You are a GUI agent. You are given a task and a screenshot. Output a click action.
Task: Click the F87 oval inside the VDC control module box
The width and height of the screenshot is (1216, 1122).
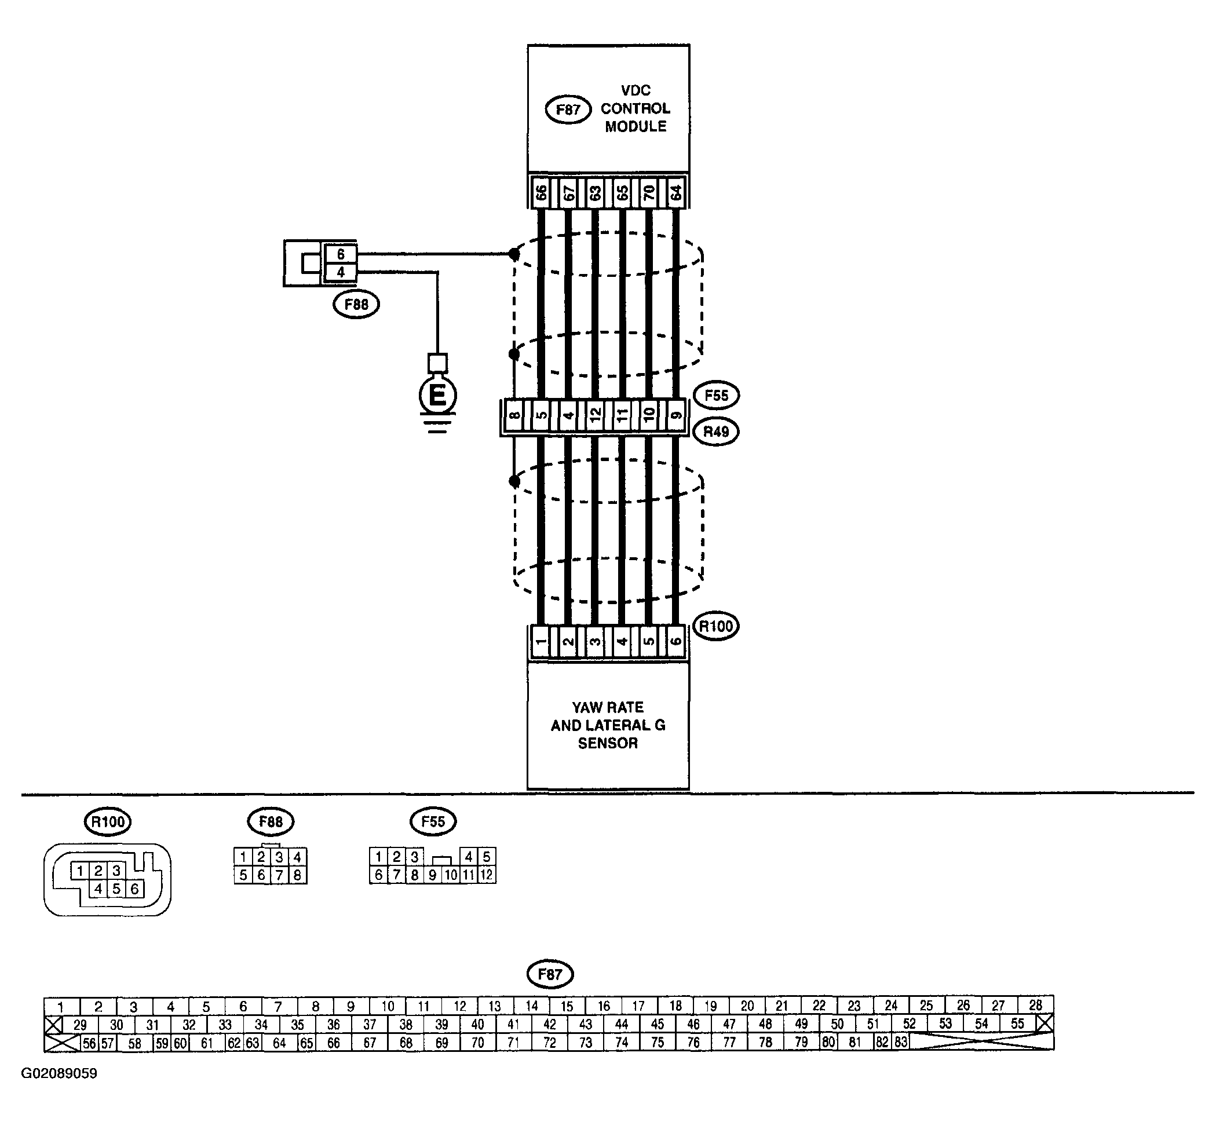pos(568,110)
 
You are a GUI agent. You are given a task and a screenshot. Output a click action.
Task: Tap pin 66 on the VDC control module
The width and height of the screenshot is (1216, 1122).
pos(541,193)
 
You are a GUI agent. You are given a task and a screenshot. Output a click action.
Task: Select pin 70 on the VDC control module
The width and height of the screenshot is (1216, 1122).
pos(649,193)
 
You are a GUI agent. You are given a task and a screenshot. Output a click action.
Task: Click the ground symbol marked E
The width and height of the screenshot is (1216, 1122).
pos(437,396)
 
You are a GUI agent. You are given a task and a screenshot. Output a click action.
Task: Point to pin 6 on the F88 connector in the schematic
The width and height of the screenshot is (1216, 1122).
pos(341,254)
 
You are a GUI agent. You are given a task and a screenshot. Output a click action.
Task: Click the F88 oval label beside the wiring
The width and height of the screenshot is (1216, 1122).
pos(356,304)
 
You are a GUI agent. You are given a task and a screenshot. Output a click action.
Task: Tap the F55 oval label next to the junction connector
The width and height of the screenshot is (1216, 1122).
pos(716,396)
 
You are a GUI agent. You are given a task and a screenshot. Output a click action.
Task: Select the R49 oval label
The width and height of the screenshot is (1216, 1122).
pos(716,432)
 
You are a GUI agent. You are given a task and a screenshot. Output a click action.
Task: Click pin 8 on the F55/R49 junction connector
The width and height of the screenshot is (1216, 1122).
pos(514,416)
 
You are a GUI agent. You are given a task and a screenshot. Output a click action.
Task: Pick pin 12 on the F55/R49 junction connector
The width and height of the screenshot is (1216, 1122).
pos(595,416)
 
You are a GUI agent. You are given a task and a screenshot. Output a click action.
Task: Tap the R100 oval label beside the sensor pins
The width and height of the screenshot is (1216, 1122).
pos(716,626)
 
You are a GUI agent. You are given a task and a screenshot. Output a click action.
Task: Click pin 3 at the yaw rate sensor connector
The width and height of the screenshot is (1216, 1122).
pos(595,642)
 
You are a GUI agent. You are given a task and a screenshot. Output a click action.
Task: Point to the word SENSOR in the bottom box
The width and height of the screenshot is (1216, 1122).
pos(608,743)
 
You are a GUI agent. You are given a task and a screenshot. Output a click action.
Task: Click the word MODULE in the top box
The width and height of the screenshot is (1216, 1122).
pos(636,127)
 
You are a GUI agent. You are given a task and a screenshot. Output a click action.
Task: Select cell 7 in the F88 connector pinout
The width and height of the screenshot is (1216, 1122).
pos(279,875)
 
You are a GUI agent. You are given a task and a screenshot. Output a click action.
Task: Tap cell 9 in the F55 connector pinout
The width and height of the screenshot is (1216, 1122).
pos(432,875)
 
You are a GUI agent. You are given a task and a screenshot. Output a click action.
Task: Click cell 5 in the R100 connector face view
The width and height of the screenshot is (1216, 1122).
pos(116,889)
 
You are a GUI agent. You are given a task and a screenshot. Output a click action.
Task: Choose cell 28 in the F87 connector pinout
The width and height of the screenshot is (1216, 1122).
pos(1036,1005)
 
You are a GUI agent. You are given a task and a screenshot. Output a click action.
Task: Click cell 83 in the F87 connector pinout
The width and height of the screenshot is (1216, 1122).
pos(901,1042)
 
